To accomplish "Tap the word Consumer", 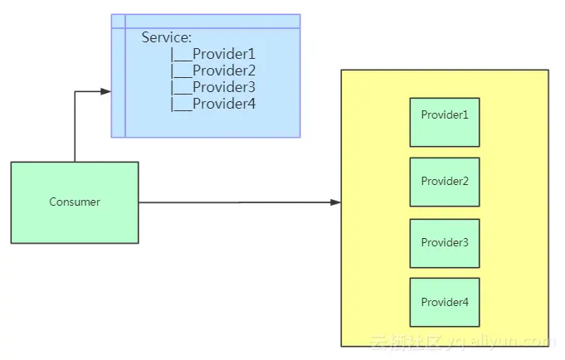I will pyautogui.click(x=75, y=202).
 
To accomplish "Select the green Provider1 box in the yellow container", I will pyautogui.click(x=445, y=122).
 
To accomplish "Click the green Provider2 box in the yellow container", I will pyautogui.click(x=445, y=182).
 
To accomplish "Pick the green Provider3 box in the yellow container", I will pyautogui.click(x=445, y=243).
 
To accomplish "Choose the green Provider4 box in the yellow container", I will pyautogui.click(x=445, y=302).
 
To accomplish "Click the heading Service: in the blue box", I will pyautogui.click(x=166, y=37).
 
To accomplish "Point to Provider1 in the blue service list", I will pyautogui.click(x=223, y=54).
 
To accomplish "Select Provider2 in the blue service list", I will pyautogui.click(x=223, y=71).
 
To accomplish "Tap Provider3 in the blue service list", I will pyautogui.click(x=223, y=87).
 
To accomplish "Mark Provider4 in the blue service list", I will pyautogui.click(x=223, y=104).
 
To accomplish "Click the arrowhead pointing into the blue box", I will pyautogui.click(x=105, y=91).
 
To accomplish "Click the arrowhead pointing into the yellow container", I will pyautogui.click(x=335, y=202).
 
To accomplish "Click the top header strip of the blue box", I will pyautogui.click(x=207, y=21).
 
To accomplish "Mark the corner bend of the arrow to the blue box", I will pyautogui.click(x=75, y=91).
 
